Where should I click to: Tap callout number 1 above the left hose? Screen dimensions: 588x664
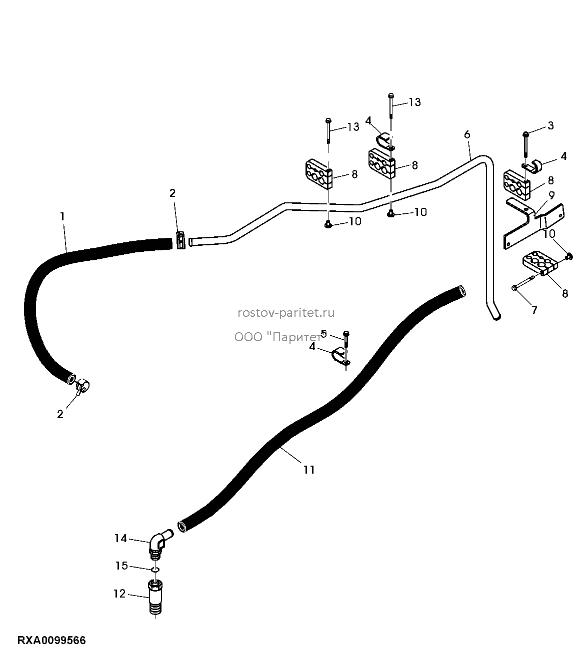(x=62, y=216)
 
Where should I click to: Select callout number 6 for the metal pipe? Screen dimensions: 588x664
(x=467, y=134)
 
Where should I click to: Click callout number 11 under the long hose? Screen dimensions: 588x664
(x=309, y=470)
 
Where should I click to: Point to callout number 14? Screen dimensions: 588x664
(x=120, y=538)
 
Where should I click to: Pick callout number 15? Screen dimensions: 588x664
(x=121, y=566)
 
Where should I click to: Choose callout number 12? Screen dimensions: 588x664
(x=119, y=594)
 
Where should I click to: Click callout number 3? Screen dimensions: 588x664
(x=550, y=125)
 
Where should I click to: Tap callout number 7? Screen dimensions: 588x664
(x=534, y=310)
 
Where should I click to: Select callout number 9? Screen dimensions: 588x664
(x=551, y=195)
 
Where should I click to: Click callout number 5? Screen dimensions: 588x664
(x=323, y=334)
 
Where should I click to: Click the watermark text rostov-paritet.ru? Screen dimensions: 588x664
(x=286, y=313)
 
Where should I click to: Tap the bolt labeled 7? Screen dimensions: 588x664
(x=522, y=282)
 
